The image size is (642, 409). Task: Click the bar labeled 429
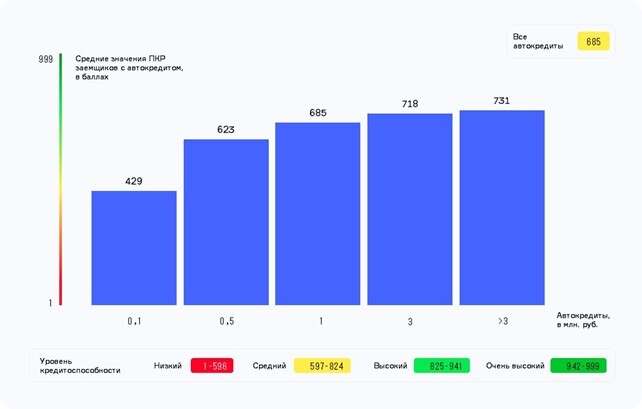(134, 248)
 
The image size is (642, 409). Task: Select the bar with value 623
(226, 222)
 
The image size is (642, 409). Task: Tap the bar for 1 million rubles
(318, 214)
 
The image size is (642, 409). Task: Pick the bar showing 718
(410, 209)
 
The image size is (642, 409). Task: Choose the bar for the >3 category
(502, 207)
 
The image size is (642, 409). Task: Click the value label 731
(502, 101)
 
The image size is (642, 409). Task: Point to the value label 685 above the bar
(318, 113)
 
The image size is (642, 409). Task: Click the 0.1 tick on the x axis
(134, 321)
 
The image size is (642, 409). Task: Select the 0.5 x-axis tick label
(226, 321)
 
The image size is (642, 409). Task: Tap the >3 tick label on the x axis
(502, 321)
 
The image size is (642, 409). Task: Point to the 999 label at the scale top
(45, 60)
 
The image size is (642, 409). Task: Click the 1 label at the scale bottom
(50, 302)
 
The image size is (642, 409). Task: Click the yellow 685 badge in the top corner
(593, 42)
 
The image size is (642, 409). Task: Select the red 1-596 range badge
(214, 366)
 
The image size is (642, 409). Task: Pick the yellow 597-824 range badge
(326, 366)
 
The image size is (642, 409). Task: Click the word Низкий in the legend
(168, 366)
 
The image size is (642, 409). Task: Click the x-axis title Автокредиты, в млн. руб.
(583, 321)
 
